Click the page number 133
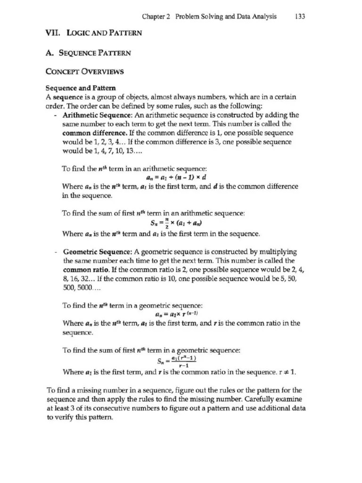[300, 17]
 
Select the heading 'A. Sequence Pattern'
[88, 53]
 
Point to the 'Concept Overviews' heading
[84, 72]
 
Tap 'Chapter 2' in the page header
[156, 17]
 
